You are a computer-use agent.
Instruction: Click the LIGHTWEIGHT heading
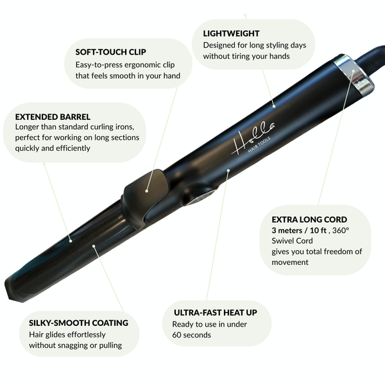pyautogui.click(x=231, y=33)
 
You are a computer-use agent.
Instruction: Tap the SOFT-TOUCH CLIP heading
pyautogui.click(x=110, y=52)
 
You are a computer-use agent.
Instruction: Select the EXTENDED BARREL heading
pyautogui.click(x=53, y=117)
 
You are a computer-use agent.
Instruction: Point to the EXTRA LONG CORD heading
pyautogui.click(x=309, y=219)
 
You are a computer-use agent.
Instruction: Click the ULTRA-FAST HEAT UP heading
pyautogui.click(x=215, y=312)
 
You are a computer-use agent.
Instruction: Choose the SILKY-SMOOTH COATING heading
pyautogui.click(x=78, y=323)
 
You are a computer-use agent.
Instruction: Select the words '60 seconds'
pyautogui.click(x=192, y=335)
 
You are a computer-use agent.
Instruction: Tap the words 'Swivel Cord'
pyautogui.click(x=293, y=241)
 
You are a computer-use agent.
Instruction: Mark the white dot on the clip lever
pyautogui.click(x=147, y=191)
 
